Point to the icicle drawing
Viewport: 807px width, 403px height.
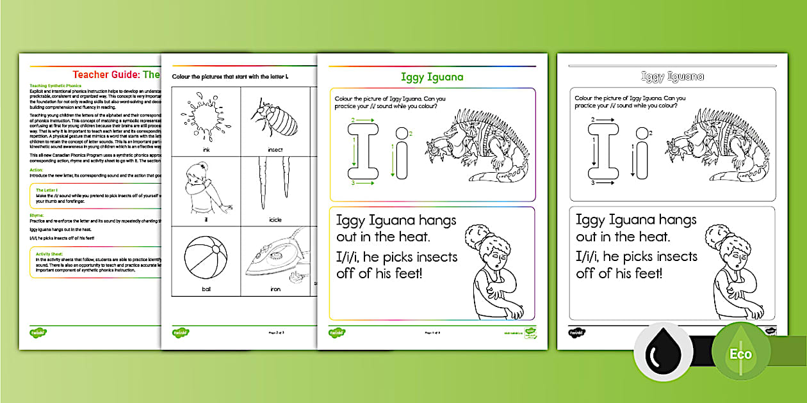(x=275, y=186)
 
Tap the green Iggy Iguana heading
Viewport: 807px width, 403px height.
(x=432, y=77)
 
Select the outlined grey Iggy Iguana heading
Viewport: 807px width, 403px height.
(x=672, y=77)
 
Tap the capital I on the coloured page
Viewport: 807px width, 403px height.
(x=363, y=152)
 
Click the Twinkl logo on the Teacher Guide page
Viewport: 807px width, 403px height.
(x=38, y=333)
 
